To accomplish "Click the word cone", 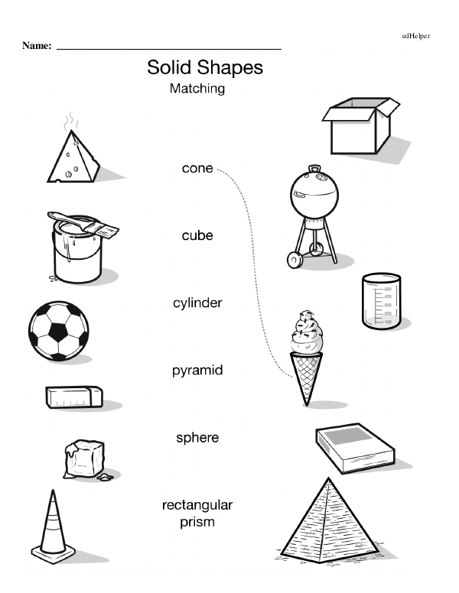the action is coord(197,168).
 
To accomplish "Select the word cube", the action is coord(197,235).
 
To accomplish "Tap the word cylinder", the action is coord(197,303).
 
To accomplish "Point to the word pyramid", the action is coord(197,371).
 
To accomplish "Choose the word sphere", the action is coord(197,438).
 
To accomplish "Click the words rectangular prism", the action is coord(197,514).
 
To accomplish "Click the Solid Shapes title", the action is coord(205,68).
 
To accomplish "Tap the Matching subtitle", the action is coord(197,89).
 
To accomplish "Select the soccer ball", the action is coord(59,331).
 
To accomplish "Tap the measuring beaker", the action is coord(381,300).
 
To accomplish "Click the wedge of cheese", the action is coord(73,157).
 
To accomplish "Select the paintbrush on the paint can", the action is coord(83,225).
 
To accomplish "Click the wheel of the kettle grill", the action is coord(295,260).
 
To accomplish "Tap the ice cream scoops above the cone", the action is coord(307,332).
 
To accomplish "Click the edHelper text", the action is coord(416,36).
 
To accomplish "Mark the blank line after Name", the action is coord(169,49).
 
